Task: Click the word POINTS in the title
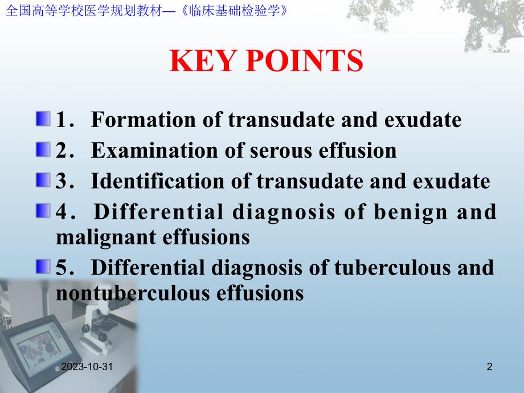coord(303,61)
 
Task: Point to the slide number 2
coord(489,368)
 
